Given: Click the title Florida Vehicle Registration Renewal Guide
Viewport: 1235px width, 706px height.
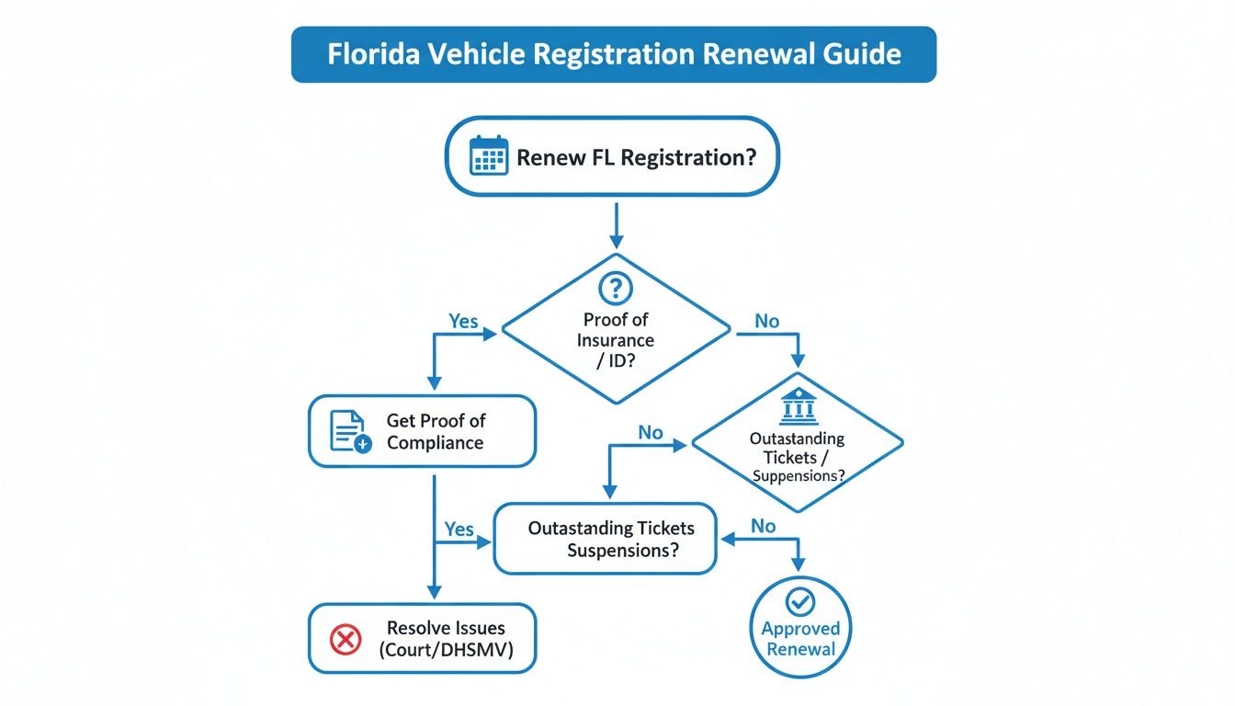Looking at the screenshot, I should [614, 54].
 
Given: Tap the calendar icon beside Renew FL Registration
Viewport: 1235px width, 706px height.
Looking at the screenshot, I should [488, 155].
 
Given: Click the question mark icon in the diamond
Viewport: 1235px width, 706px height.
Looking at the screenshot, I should [615, 289].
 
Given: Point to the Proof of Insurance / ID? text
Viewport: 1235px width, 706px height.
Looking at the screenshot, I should [615, 339].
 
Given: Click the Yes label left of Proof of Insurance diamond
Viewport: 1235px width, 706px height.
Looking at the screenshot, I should [463, 321].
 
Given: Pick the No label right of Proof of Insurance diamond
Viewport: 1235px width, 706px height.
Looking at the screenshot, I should [766, 321].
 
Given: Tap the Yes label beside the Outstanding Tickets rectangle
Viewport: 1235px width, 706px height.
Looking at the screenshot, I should [459, 529].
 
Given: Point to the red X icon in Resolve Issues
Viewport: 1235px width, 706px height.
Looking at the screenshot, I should [345, 639].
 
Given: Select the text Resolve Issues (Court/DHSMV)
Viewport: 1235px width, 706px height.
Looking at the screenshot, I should [446, 639].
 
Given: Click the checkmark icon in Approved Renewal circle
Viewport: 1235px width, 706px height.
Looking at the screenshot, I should [800, 602].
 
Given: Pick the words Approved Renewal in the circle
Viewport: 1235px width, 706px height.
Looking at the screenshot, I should [800, 639].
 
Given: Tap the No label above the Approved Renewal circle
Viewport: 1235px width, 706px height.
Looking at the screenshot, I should [763, 526].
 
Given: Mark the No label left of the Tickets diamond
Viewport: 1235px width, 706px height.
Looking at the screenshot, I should [651, 432].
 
